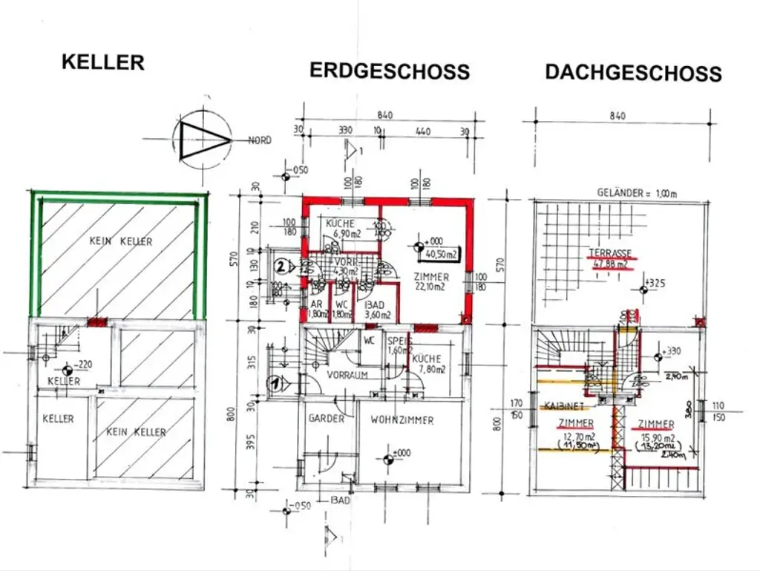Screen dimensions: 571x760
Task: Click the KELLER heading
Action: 102,62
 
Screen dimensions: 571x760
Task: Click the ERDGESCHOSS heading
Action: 389,71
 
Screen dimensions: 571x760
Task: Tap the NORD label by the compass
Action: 259,140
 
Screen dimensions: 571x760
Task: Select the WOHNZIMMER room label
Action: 402,420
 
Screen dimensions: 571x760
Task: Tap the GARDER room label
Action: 326,418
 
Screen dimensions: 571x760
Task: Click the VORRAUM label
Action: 348,375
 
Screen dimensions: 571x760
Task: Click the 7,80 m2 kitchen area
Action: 428,369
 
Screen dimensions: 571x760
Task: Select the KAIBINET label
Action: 563,407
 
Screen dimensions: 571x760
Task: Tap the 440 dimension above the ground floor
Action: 422,129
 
